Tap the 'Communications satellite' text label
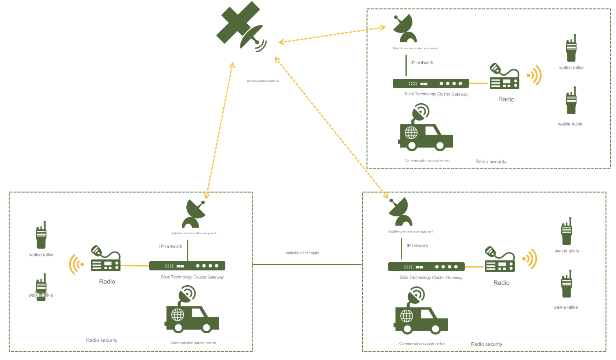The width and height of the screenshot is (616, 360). [263, 81]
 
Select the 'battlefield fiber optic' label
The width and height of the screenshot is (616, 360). [302, 253]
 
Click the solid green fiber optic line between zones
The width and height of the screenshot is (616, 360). [307, 264]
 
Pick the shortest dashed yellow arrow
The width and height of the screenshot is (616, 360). [332, 35]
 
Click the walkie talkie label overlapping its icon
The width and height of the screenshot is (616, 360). [41, 295]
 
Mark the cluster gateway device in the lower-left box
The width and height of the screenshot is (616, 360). [187, 266]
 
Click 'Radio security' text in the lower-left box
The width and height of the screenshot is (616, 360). [102, 340]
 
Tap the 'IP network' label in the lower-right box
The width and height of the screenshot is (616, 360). [417, 246]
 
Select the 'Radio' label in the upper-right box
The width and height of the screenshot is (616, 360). [506, 99]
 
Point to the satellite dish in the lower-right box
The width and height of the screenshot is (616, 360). [399, 212]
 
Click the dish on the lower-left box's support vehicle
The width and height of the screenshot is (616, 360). [188, 294]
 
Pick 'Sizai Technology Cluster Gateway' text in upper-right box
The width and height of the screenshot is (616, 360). [436, 94]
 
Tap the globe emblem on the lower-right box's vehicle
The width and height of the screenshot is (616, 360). [407, 316]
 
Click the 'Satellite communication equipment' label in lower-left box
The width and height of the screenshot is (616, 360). [194, 233]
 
